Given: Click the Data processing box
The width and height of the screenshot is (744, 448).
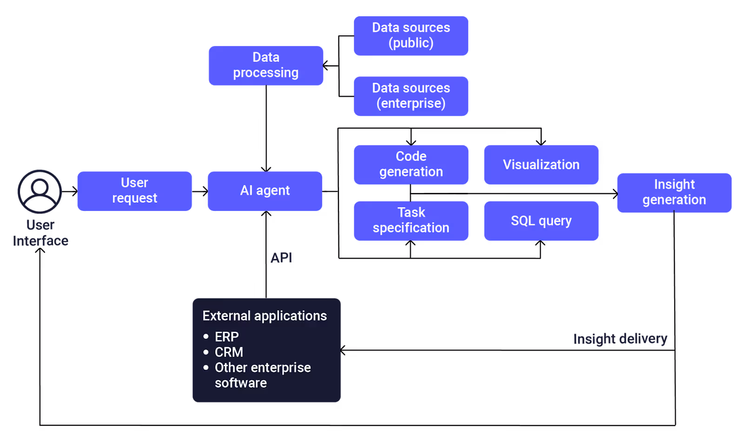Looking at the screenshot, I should pos(266,66).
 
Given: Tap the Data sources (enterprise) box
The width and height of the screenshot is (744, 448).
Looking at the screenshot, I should pos(411,96).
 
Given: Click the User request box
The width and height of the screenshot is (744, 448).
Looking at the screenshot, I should pos(134,191).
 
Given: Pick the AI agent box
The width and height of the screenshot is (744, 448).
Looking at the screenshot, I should pos(265,191).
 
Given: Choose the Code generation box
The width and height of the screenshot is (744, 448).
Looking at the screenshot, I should pos(411,165).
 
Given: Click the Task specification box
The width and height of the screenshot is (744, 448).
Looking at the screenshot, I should pos(411,220).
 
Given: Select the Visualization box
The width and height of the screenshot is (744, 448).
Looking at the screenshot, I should pos(541,165).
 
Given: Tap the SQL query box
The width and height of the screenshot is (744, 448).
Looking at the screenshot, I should pos(541,220).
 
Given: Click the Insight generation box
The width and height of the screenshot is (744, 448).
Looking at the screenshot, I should pos(674,192).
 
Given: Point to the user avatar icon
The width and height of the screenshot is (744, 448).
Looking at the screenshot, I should pos(40,191).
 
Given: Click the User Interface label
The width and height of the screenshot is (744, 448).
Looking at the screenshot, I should pos(40,233).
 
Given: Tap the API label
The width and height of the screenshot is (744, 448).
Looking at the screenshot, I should pos(281,257).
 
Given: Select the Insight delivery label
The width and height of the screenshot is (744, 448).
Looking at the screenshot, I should pos(620,339).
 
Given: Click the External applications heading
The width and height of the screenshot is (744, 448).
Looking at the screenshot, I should pos(265,316).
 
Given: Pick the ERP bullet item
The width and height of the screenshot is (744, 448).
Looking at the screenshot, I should pos(226,336).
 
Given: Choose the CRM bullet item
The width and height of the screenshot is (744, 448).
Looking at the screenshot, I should pos(229,352).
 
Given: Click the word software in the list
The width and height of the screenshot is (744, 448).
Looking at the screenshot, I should pos(241,383).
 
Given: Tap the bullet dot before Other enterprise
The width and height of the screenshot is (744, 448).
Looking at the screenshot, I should pos(206,368).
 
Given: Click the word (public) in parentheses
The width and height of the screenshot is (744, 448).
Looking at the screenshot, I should pos(411,43).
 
